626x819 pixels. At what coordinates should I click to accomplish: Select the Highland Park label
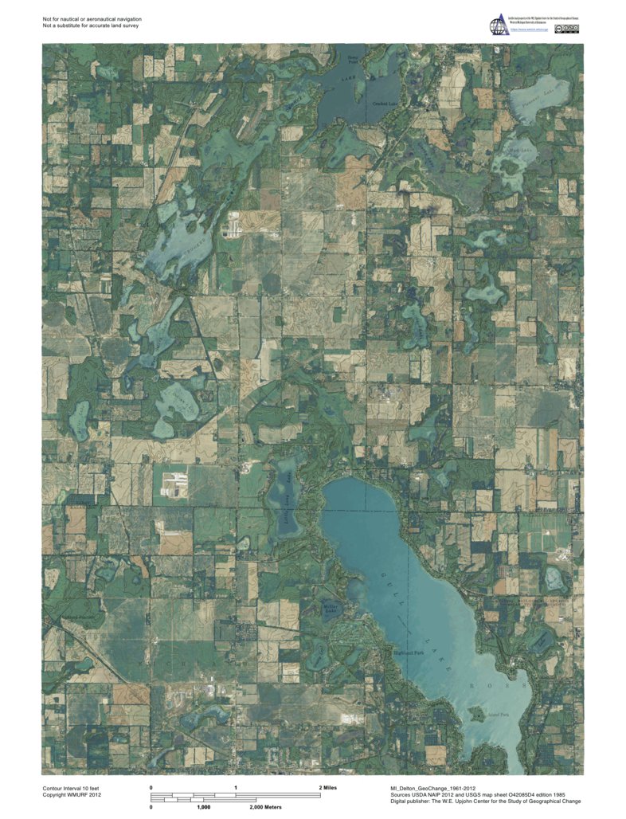pos(409,652)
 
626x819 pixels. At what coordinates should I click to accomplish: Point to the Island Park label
pos(499,715)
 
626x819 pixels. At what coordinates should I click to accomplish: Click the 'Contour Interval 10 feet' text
pos(72,787)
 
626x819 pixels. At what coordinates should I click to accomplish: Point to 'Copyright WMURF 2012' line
pos(72,794)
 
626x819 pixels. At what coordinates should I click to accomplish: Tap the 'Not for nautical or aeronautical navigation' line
pos(92,18)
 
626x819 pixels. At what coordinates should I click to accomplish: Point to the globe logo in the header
pos(497,24)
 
